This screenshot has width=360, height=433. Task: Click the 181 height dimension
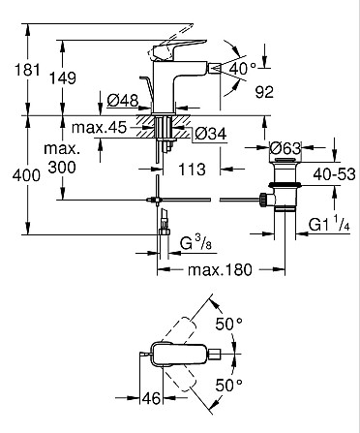pyautogui.click(x=28, y=70)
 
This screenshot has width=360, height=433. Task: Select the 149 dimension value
pyautogui.click(x=63, y=78)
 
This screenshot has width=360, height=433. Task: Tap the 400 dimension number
pyautogui.click(x=26, y=175)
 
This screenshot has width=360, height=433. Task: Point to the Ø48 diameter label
pyautogui.click(x=123, y=101)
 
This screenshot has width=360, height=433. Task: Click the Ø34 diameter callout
pyautogui.click(x=211, y=134)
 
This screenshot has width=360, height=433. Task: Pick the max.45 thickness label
pyautogui.click(x=100, y=128)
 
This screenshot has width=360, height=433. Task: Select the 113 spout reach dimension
pyautogui.click(x=192, y=170)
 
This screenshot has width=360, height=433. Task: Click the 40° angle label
pyautogui.click(x=243, y=69)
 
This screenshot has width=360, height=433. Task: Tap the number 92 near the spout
pyautogui.click(x=264, y=92)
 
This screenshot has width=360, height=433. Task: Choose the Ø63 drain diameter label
pyautogui.click(x=285, y=148)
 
